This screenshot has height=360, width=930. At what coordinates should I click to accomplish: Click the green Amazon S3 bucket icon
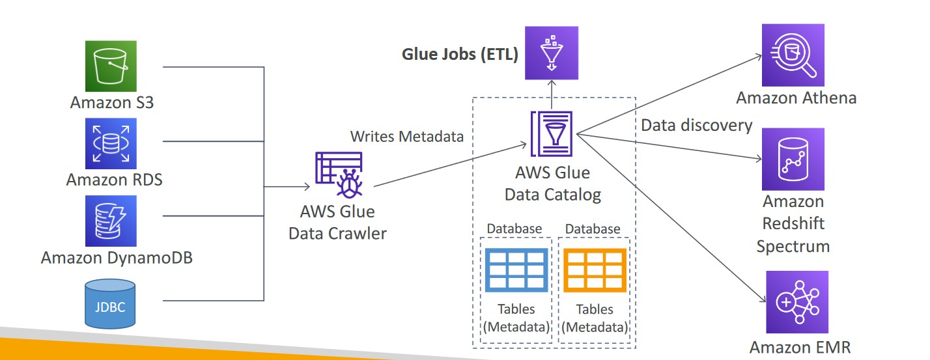(111, 66)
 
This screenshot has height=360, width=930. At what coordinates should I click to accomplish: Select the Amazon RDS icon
(111, 143)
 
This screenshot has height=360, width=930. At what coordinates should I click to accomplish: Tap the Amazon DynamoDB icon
(111, 221)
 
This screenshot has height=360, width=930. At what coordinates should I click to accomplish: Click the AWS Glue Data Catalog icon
(553, 134)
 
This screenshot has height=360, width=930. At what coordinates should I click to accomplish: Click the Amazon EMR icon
(797, 301)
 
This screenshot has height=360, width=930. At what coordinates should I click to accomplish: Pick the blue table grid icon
(516, 270)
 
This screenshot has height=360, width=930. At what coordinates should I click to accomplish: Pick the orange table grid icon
(594, 270)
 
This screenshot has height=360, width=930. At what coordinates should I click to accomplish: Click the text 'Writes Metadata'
(407, 137)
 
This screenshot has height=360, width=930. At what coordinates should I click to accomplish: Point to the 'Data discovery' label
(697, 125)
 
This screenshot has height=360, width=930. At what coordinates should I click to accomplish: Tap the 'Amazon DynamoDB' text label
(117, 258)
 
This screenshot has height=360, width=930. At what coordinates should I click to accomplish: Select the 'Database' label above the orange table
(593, 229)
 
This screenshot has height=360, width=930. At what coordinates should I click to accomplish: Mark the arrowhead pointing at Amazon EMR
(763, 300)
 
